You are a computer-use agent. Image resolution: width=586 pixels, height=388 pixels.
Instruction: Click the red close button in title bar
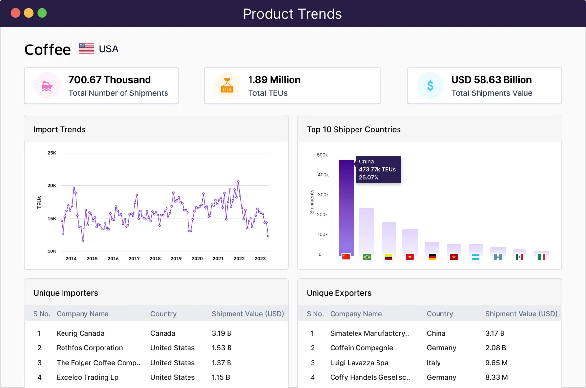tap(15, 13)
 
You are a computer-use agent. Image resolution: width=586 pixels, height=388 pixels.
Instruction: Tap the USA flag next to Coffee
tap(86, 49)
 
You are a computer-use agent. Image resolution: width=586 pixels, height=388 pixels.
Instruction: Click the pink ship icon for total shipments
tap(47, 86)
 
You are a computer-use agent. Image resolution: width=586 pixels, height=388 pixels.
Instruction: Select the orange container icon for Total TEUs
tap(227, 86)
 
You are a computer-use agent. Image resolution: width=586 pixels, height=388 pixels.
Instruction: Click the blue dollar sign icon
tap(430, 86)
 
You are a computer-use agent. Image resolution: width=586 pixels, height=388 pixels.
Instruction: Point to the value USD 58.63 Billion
tap(491, 80)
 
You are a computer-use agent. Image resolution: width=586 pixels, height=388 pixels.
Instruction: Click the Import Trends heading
tap(59, 129)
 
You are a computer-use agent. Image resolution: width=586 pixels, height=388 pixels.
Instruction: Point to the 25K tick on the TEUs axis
tap(52, 153)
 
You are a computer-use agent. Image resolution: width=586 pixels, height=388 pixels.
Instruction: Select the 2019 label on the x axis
tap(176, 259)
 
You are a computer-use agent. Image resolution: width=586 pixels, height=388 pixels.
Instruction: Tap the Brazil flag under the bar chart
tap(367, 257)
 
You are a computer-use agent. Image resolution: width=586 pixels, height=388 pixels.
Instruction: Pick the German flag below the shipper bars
tap(432, 257)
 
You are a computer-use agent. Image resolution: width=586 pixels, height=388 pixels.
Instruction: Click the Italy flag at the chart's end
tap(541, 257)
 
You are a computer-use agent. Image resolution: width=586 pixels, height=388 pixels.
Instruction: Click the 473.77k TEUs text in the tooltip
tap(377, 169)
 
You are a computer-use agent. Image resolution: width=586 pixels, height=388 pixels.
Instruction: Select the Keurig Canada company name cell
tap(80, 333)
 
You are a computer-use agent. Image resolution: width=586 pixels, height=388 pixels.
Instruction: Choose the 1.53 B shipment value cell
tap(222, 348)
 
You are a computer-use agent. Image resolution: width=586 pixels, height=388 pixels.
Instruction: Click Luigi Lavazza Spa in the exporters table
tap(359, 363)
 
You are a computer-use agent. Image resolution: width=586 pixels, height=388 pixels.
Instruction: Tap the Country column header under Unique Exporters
tap(439, 314)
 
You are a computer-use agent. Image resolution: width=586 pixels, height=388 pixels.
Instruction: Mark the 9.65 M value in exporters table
tap(497, 363)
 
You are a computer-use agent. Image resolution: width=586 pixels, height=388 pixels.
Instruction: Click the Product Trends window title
tap(293, 14)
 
